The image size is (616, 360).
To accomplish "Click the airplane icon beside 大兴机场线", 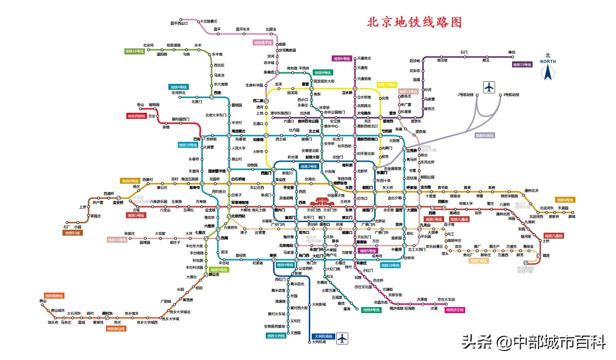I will tap(342, 339).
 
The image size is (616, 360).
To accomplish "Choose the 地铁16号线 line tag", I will tap(134, 51).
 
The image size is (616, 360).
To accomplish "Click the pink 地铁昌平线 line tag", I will tap(263, 43).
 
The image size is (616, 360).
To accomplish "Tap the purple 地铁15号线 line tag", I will tap(522, 64).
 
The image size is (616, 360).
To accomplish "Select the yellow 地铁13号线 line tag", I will tap(387, 85).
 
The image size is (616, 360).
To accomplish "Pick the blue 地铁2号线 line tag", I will tap(309, 166).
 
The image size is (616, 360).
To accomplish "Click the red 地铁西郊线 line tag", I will tap(136, 116).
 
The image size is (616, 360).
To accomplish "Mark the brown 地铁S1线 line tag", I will tap(72, 233).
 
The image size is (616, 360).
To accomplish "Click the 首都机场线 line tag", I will tap(484, 135).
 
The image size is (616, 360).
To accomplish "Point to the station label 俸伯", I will tap(511, 52).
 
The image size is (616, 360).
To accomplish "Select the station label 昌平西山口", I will tap(179, 23).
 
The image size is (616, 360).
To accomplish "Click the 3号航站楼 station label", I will tap(511, 94).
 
